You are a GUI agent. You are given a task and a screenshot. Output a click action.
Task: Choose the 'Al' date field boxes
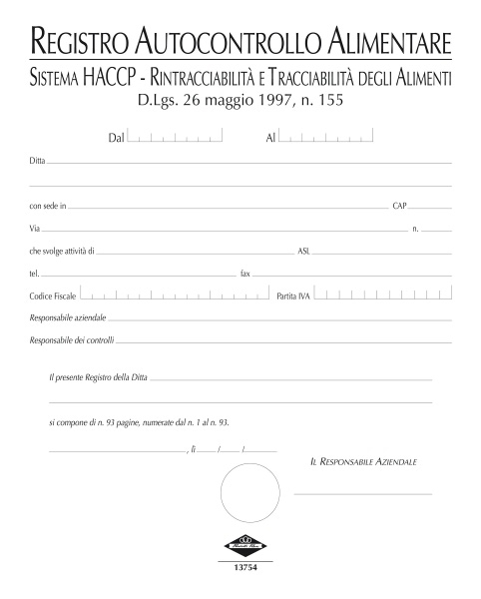tap(326, 139)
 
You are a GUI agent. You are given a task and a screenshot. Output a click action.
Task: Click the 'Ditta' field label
tap(37, 160)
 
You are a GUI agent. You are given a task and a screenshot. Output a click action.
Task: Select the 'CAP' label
tap(399, 206)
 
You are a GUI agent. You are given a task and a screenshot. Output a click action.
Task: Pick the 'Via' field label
tap(35, 229)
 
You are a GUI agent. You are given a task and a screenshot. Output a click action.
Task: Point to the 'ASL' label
tap(303, 252)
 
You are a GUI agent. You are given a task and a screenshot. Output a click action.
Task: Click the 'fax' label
tap(245, 273)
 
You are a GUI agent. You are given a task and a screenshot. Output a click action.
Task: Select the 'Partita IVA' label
tap(294, 297)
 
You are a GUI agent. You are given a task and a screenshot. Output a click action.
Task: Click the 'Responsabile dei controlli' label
tap(72, 341)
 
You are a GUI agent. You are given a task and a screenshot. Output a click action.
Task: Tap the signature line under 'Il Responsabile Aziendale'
tap(363, 494)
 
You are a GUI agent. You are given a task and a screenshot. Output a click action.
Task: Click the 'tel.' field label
tap(35, 273)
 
